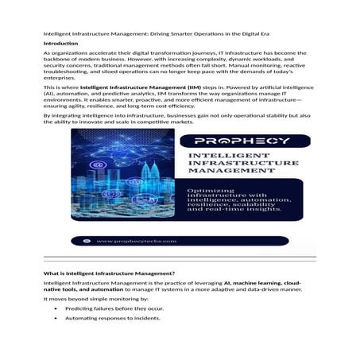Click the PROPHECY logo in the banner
tap(237, 141)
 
